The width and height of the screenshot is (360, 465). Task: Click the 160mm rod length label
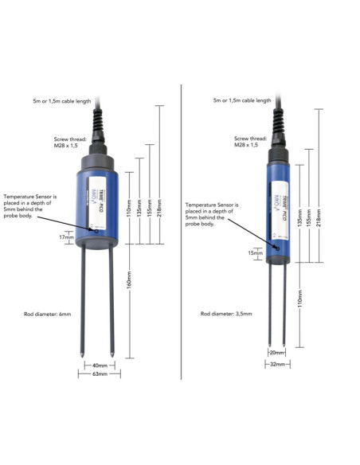(x=131, y=283)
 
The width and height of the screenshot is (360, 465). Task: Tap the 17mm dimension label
(x=67, y=236)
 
